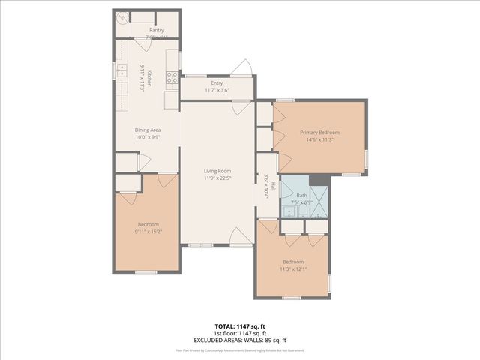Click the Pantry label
tap(156, 30)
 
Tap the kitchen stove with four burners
tap(172, 75)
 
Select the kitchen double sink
tap(121, 70)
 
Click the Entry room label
tap(217, 83)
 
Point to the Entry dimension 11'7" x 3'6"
tap(217, 90)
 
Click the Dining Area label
tap(148, 130)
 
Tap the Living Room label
tap(219, 171)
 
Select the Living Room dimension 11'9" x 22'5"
tap(219, 178)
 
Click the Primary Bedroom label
tap(319, 132)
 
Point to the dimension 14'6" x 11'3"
tap(319, 139)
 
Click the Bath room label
tap(301, 195)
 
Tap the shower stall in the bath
tap(319, 199)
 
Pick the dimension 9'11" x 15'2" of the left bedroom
tap(148, 231)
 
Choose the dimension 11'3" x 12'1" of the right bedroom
tap(293, 268)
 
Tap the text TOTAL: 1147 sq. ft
tap(239, 326)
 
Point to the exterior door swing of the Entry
tap(241, 69)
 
